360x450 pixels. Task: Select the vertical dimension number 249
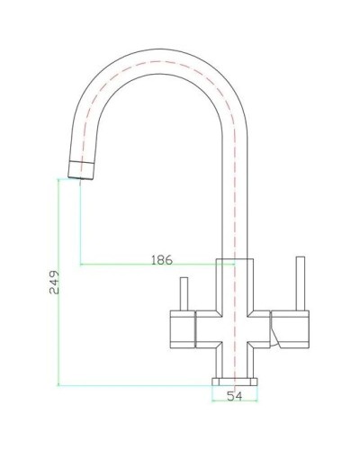click(x=53, y=285)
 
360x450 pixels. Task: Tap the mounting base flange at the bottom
click(x=234, y=382)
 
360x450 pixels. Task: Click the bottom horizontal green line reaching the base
click(x=135, y=385)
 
